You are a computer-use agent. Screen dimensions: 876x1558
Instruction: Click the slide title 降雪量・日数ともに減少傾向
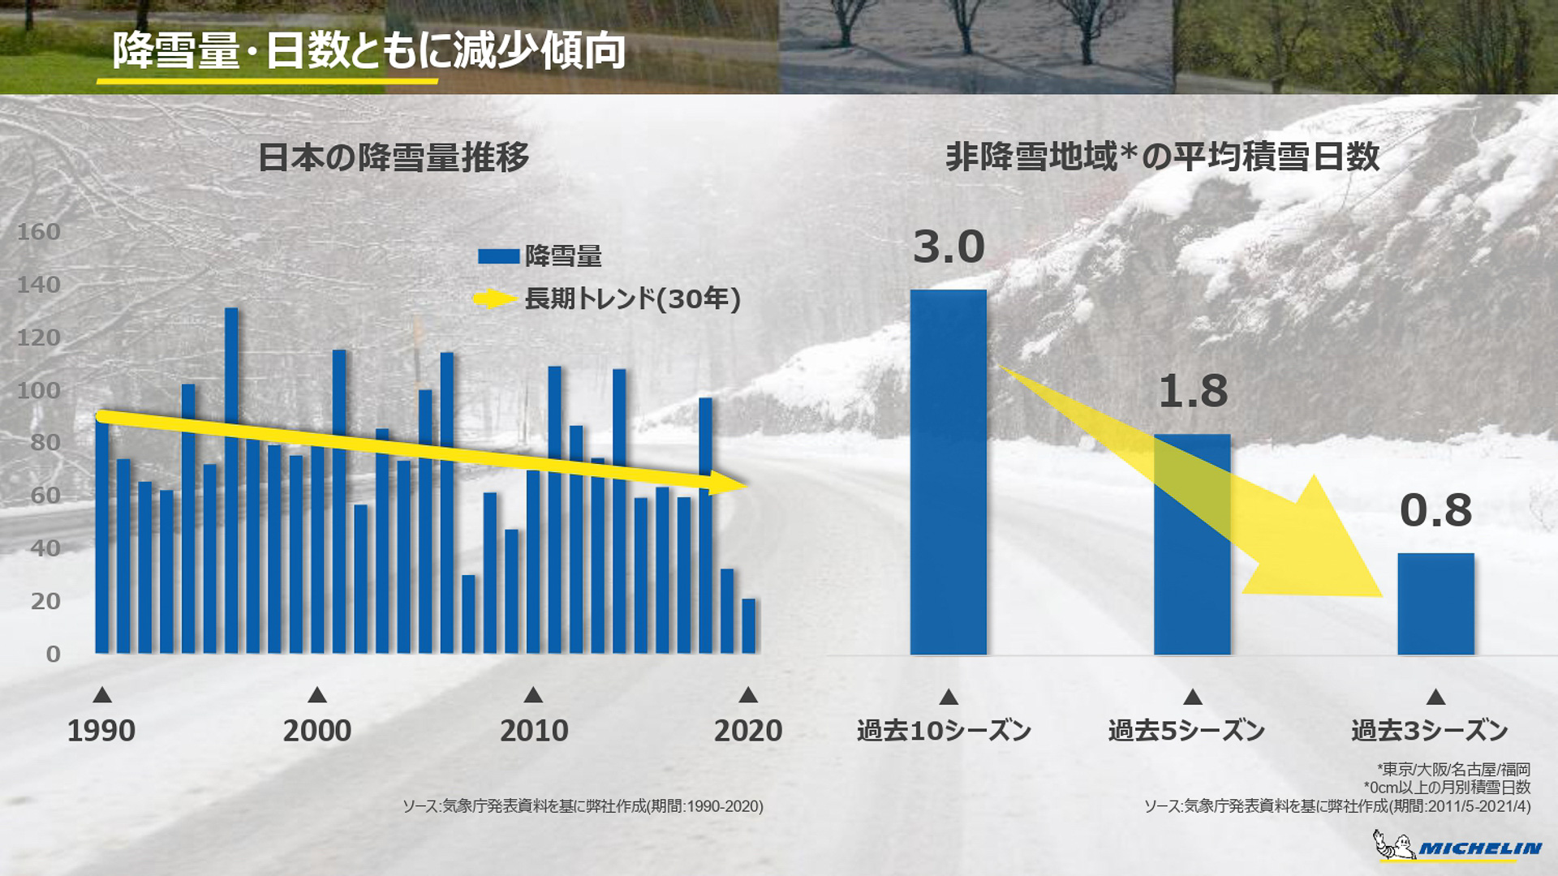368,50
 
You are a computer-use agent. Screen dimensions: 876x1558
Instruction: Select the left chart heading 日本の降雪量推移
394,157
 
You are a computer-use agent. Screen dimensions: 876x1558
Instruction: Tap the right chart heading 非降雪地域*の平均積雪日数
1162,157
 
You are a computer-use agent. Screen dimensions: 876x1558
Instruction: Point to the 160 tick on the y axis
39,232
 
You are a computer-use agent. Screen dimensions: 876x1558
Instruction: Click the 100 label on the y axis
39,390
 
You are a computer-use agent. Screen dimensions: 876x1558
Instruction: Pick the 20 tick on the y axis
45,601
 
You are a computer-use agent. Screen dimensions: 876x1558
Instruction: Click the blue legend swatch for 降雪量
498,256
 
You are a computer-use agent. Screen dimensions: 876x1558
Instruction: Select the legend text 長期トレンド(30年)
632,298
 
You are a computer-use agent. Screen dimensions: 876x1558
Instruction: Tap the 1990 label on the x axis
101,731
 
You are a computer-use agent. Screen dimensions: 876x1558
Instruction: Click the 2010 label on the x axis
534,731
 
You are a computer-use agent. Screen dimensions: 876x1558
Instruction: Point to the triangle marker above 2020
748,695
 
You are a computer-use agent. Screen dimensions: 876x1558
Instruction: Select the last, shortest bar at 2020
748,626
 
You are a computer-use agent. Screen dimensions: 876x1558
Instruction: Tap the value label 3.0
948,247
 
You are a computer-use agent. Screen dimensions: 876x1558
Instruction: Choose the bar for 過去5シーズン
1192,543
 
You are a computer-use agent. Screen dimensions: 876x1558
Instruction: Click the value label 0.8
1435,510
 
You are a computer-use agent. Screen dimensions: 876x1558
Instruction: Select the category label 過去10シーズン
944,731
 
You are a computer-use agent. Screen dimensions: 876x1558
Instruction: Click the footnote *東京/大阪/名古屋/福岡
1453,768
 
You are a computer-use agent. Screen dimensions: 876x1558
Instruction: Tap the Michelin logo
1457,847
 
